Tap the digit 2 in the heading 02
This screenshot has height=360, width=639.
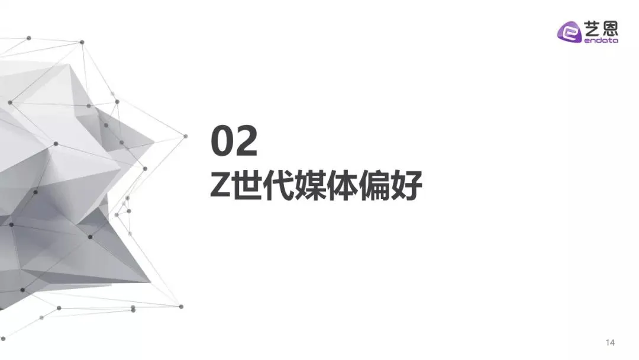pyautogui.click(x=246, y=141)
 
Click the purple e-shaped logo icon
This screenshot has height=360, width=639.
pyautogui.click(x=569, y=32)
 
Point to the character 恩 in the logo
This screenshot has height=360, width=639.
pyautogui.click(x=610, y=28)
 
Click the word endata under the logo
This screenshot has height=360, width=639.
pyautogui.click(x=601, y=40)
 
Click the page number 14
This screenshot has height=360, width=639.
pyautogui.click(x=610, y=342)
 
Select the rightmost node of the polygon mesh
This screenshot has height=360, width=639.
pyautogui.click(x=185, y=136)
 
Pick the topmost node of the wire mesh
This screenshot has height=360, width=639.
pyautogui.click(x=28, y=38)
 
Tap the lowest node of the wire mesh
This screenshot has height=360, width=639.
pyautogui.click(x=4, y=339)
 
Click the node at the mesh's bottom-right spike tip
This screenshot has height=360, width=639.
pyautogui.click(x=182, y=307)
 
